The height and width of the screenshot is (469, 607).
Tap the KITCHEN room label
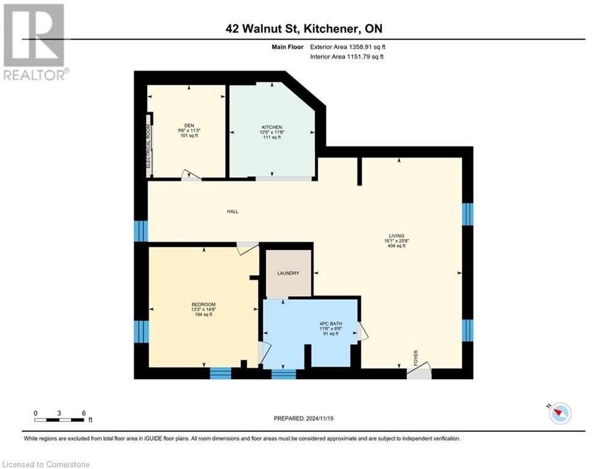[271, 127]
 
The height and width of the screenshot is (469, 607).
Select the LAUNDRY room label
[288, 273]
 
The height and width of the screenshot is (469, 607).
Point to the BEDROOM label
[203, 304]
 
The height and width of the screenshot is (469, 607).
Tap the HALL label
[232, 212]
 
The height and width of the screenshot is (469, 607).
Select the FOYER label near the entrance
[416, 356]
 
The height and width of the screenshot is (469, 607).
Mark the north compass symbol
[559, 413]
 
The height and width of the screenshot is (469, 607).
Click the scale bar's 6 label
[83, 413]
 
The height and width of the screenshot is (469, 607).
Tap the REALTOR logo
[35, 42]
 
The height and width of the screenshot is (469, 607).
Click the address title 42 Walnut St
[303, 28]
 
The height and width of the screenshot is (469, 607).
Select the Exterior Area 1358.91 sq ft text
[348, 46]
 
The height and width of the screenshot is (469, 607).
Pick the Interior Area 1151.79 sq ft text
[347, 57]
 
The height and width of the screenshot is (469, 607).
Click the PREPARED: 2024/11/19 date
[303, 418]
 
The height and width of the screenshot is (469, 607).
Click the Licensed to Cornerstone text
[46, 465]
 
